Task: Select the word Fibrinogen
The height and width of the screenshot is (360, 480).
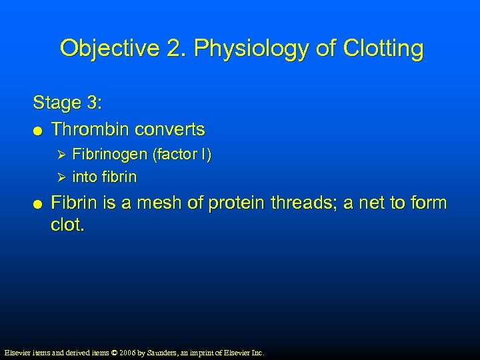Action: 110,155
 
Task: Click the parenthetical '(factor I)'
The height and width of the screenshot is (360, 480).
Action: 182,155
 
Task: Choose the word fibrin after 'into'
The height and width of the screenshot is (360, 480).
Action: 121,177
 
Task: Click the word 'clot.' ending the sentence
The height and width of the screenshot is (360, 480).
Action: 68,225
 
